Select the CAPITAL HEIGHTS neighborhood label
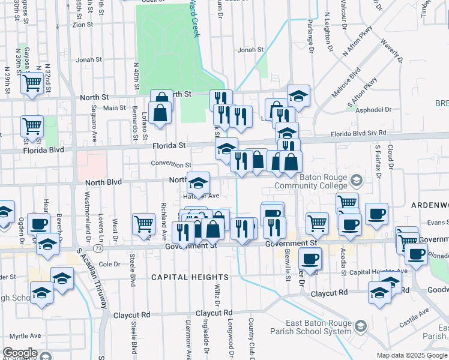pos(181,277)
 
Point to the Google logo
pos(20,353)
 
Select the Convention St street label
pos(171,164)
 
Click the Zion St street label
pos(82,25)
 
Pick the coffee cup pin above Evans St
pos(376,214)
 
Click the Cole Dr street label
pos(109,264)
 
